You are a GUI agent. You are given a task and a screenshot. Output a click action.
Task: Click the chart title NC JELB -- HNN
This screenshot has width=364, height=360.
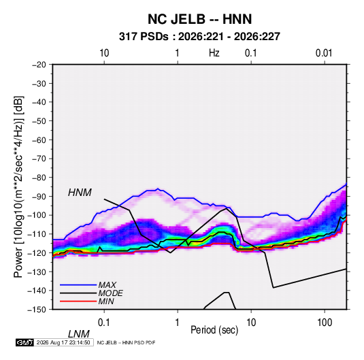tap(199, 19)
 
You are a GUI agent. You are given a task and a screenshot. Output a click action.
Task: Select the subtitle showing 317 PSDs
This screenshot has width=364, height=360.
tap(199, 37)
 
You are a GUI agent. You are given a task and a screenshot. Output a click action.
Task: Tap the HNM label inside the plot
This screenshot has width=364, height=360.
tap(80, 193)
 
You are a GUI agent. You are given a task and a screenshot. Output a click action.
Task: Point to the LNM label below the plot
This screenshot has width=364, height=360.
tap(78, 334)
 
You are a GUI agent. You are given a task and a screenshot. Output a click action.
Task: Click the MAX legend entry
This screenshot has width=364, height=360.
tap(107, 284)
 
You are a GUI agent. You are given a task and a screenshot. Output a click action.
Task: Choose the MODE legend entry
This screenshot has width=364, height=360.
tap(110, 293)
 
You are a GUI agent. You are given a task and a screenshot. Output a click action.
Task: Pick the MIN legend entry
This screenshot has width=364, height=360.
tap(106, 301)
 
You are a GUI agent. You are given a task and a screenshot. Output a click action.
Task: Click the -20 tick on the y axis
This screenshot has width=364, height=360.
tap(39, 65)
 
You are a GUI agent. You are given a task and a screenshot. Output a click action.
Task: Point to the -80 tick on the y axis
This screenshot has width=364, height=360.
tap(39, 178)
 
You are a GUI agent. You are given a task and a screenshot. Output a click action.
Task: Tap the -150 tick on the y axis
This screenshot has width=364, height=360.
tap(37, 310)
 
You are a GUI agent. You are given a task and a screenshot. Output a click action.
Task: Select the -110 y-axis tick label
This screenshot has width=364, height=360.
tap(37, 234)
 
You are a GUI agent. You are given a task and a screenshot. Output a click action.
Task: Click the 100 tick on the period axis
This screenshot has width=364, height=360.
tap(325, 323)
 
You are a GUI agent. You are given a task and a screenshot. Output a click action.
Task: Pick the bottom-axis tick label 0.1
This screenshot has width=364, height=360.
tap(104, 323)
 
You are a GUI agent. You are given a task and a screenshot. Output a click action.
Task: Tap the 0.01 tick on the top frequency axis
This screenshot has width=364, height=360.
tap(324, 53)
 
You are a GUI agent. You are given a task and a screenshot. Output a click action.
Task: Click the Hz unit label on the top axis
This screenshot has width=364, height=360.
tap(214, 53)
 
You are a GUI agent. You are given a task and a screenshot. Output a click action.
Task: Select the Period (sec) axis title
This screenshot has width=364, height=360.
tap(214, 330)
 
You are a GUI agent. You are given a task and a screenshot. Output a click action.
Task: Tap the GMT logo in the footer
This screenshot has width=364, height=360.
tap(24, 342)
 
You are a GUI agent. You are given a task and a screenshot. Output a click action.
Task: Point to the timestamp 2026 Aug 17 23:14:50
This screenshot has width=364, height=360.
tap(63, 342)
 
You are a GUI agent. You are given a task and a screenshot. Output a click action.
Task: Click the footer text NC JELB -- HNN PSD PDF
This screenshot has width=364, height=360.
tap(126, 342)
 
